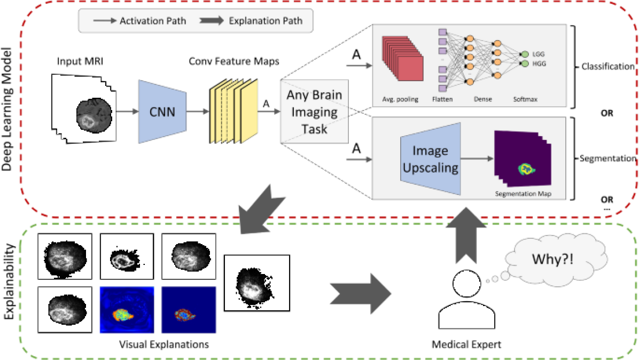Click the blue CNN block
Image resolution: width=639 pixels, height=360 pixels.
pyautogui.click(x=162, y=112)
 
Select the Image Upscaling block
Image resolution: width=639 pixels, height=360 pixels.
pyautogui.click(x=430, y=159)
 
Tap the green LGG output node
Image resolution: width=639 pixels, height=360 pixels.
pyautogui.click(x=525, y=54)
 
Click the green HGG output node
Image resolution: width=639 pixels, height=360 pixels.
pyautogui.click(x=525, y=64)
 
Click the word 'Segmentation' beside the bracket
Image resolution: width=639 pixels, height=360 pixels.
pyautogui.click(x=608, y=159)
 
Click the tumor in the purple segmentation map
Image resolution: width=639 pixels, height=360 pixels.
pyautogui.click(x=526, y=169)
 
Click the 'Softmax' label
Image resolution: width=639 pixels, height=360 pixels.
pyautogui.click(x=525, y=99)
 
